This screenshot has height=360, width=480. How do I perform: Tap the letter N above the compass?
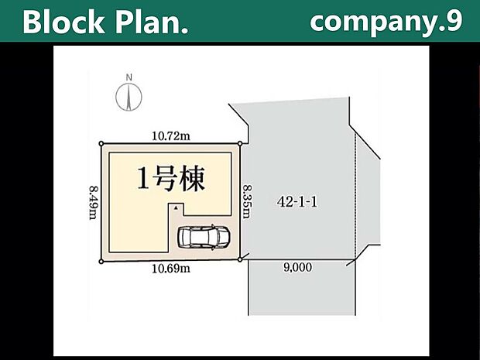(129, 77)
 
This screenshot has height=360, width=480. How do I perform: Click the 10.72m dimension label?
(172, 135)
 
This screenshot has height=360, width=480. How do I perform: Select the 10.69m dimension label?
(172, 269)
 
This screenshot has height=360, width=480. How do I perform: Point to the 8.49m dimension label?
(93, 202)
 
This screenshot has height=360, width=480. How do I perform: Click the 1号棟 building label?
(171, 180)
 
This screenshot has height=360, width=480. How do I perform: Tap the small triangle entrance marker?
(176, 208)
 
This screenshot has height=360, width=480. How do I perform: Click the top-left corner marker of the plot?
(100, 143)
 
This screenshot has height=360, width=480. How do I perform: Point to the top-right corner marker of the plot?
(241, 143)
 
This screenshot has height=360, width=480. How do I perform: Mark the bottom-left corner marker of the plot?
(100, 262)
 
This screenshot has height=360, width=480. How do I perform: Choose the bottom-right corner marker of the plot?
(241, 260)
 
